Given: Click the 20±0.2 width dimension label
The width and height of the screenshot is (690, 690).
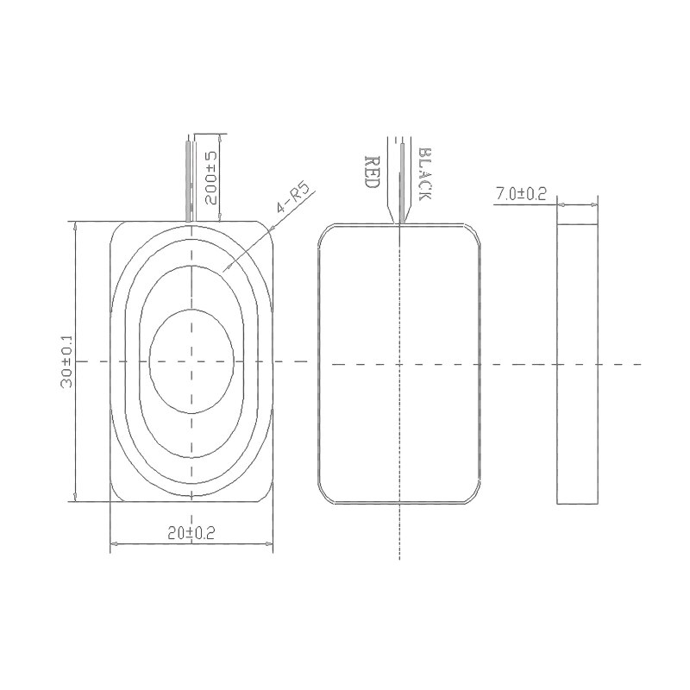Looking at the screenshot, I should click(191, 534).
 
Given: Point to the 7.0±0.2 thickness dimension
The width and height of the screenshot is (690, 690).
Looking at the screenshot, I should click(520, 194).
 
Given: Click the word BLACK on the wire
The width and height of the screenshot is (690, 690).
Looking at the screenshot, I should click(423, 174).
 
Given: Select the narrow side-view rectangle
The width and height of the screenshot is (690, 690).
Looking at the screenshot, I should click(577, 363).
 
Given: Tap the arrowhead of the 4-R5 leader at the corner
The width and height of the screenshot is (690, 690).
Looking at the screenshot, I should click(271, 230).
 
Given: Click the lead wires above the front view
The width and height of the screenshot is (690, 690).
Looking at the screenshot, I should click(190, 177).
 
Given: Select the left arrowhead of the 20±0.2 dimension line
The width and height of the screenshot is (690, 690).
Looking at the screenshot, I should click(115, 544).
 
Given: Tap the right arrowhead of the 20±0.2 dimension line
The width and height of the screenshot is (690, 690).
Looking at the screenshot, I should click(269, 544).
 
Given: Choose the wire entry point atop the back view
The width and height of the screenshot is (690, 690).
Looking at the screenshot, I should click(398, 223).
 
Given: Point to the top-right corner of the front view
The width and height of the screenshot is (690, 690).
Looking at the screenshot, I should click(267, 229).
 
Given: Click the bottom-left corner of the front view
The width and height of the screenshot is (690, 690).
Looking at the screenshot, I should click(116, 494).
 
